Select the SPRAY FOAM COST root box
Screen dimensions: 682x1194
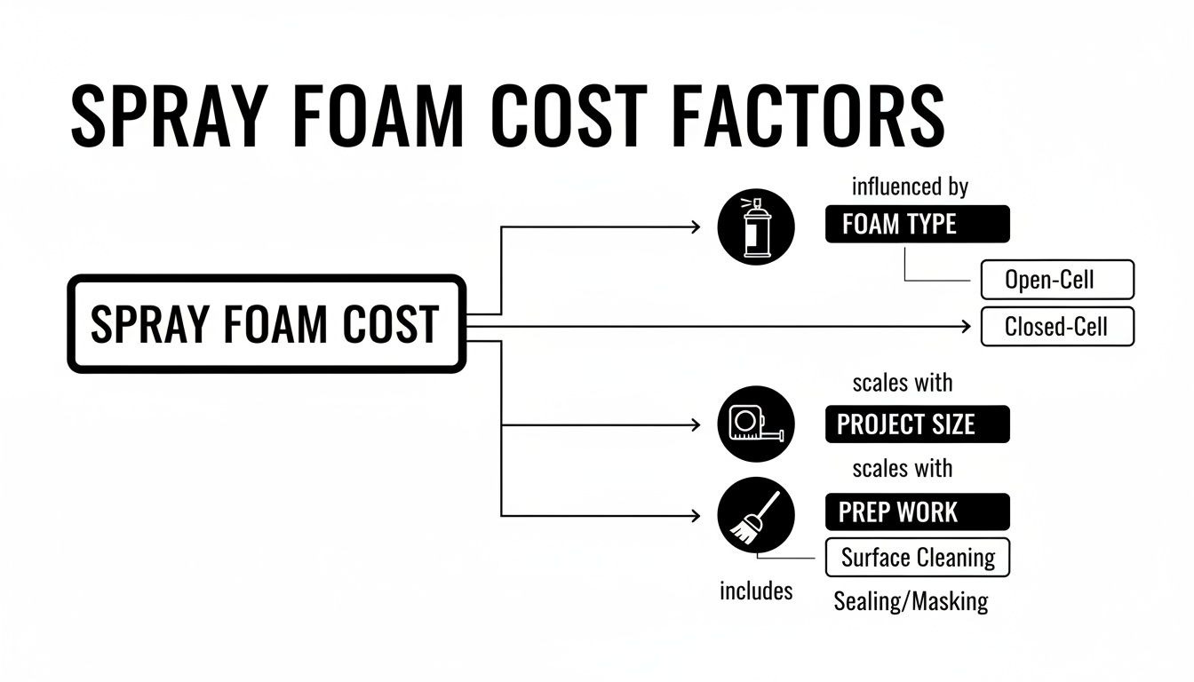click(x=266, y=324)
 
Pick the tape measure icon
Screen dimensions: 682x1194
click(x=755, y=424)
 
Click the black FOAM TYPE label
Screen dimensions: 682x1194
click(x=917, y=225)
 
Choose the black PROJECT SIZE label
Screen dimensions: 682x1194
click(x=917, y=424)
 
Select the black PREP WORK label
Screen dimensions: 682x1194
click(x=917, y=512)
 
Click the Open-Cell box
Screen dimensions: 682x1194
click(x=1056, y=281)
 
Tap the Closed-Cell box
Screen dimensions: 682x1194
click(x=1056, y=327)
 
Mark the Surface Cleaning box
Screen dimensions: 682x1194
click(x=918, y=558)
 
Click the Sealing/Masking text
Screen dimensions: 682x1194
click(x=911, y=601)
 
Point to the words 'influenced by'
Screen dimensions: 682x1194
click(x=910, y=187)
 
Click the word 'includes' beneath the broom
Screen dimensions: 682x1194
click(x=756, y=591)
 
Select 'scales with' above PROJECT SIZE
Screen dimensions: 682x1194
click(x=902, y=383)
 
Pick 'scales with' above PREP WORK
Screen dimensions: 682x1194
click(x=902, y=468)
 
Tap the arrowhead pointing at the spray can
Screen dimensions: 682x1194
click(x=696, y=227)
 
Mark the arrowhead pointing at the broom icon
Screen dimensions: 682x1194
click(x=696, y=515)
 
